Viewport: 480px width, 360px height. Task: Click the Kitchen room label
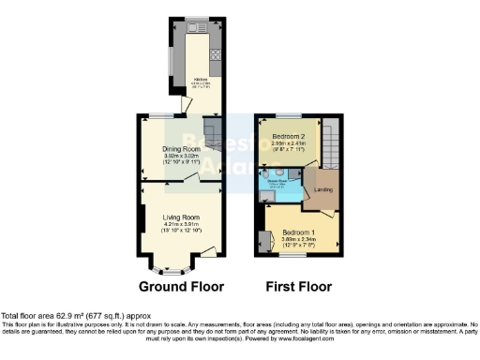coord(200,80)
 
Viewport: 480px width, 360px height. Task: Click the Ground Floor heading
coord(182,286)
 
